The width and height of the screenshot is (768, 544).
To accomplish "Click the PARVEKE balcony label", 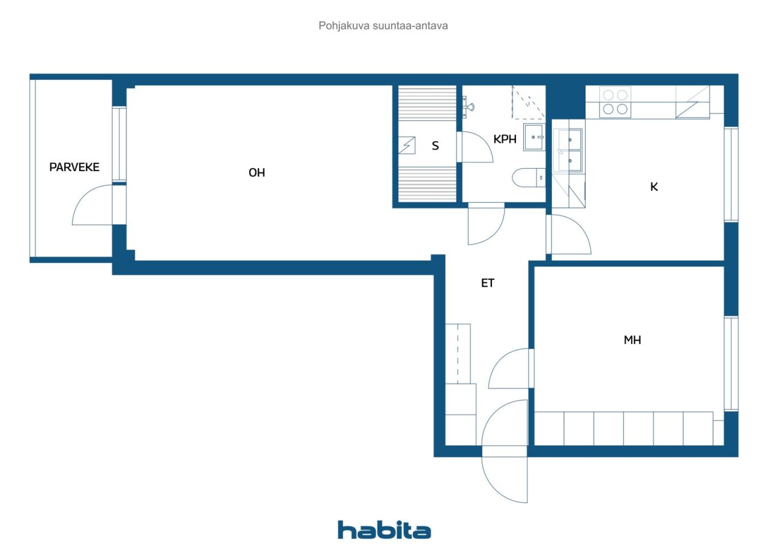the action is coord(74,167).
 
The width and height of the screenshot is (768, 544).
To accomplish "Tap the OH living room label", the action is coord(257,172).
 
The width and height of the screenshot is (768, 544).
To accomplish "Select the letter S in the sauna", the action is coord(435,146).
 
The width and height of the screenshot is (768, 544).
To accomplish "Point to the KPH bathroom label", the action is coord(505,139).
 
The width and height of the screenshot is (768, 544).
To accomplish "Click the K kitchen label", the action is coord(654,187).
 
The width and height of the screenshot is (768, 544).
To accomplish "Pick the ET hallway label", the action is coord(488,283).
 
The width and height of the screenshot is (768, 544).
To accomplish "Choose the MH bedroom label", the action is coord(632,340).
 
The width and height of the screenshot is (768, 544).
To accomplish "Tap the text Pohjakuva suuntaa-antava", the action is coord(383,26).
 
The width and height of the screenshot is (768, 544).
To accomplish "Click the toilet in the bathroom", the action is coord(529,178).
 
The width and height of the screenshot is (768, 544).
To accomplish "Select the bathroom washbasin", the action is coord(534,137).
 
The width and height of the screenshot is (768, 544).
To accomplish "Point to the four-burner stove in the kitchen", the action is coord(615,102).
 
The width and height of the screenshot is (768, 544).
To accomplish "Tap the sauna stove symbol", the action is coord(407,145).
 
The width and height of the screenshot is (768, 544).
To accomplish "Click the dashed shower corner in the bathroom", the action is coord(529,102).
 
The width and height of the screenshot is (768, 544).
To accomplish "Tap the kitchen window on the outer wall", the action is coord(731,175).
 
